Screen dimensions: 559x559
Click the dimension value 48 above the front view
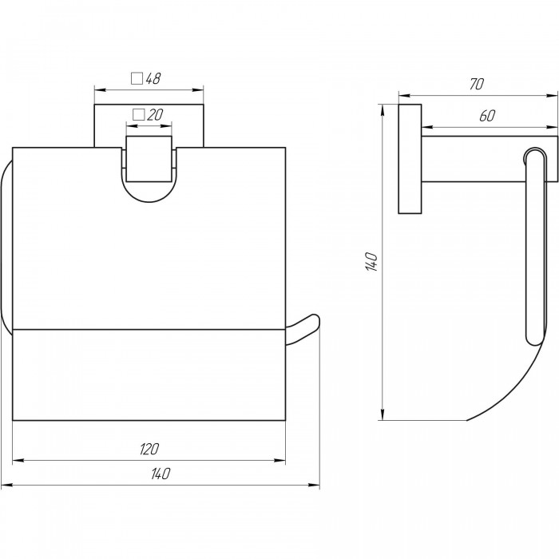[153, 78]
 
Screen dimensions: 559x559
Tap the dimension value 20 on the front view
[155, 115]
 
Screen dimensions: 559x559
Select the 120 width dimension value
[149, 449]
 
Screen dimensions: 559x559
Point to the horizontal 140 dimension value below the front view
[161, 474]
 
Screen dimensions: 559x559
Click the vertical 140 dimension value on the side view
[371, 262]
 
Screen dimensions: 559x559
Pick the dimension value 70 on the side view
[477, 84]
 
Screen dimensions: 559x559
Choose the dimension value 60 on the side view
[487, 116]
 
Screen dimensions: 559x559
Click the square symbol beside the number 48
[137, 78]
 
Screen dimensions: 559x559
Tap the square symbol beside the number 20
[138, 115]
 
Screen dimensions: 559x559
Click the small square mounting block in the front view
[149, 159]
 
